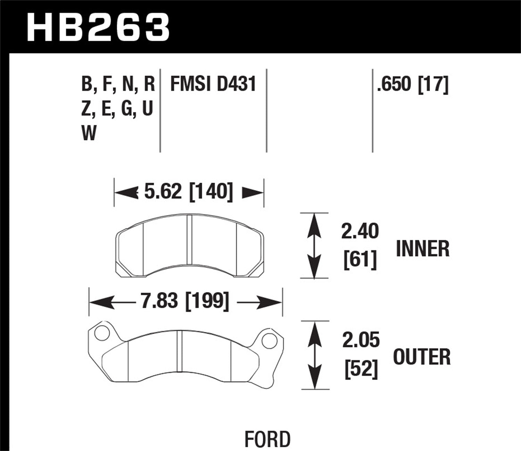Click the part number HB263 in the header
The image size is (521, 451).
[x=98, y=27]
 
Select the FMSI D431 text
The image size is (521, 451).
[x=213, y=84]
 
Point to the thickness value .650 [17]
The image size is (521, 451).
[x=413, y=84]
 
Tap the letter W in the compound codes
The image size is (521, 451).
[x=89, y=133]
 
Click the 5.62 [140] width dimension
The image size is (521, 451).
[x=188, y=191]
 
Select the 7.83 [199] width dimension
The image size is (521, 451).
[x=185, y=301]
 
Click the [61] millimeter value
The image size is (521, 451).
[x=360, y=259]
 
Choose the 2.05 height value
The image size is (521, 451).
[x=361, y=340]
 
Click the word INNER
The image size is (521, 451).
[x=422, y=249]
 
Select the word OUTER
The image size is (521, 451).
[x=422, y=357]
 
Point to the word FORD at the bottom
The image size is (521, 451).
[x=267, y=439]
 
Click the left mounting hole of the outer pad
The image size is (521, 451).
[x=102, y=333]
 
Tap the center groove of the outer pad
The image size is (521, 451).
[x=180, y=351]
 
